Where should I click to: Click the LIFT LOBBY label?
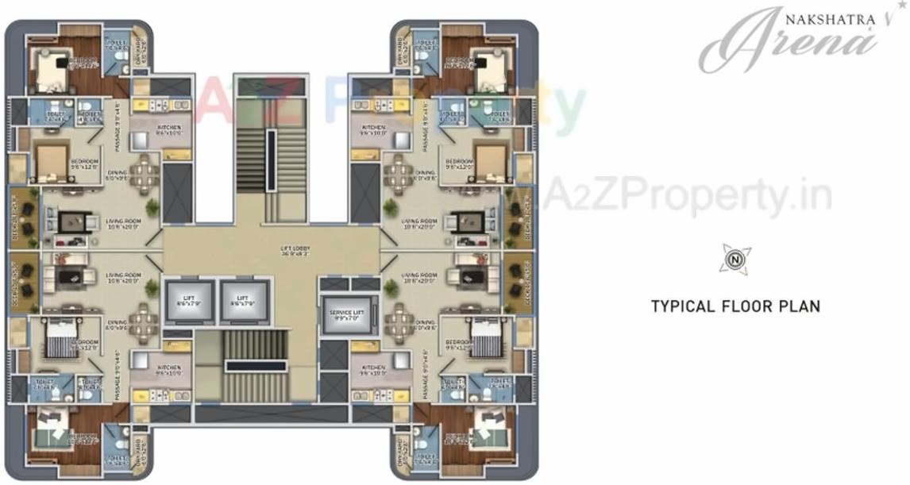pos(294,252)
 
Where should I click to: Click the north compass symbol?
pos(735,259)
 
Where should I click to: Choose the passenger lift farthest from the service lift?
pos(189,301)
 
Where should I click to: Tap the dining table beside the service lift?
pos(399,322)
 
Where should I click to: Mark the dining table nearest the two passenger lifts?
pos(145,322)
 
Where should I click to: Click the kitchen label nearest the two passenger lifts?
pos(169,371)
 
